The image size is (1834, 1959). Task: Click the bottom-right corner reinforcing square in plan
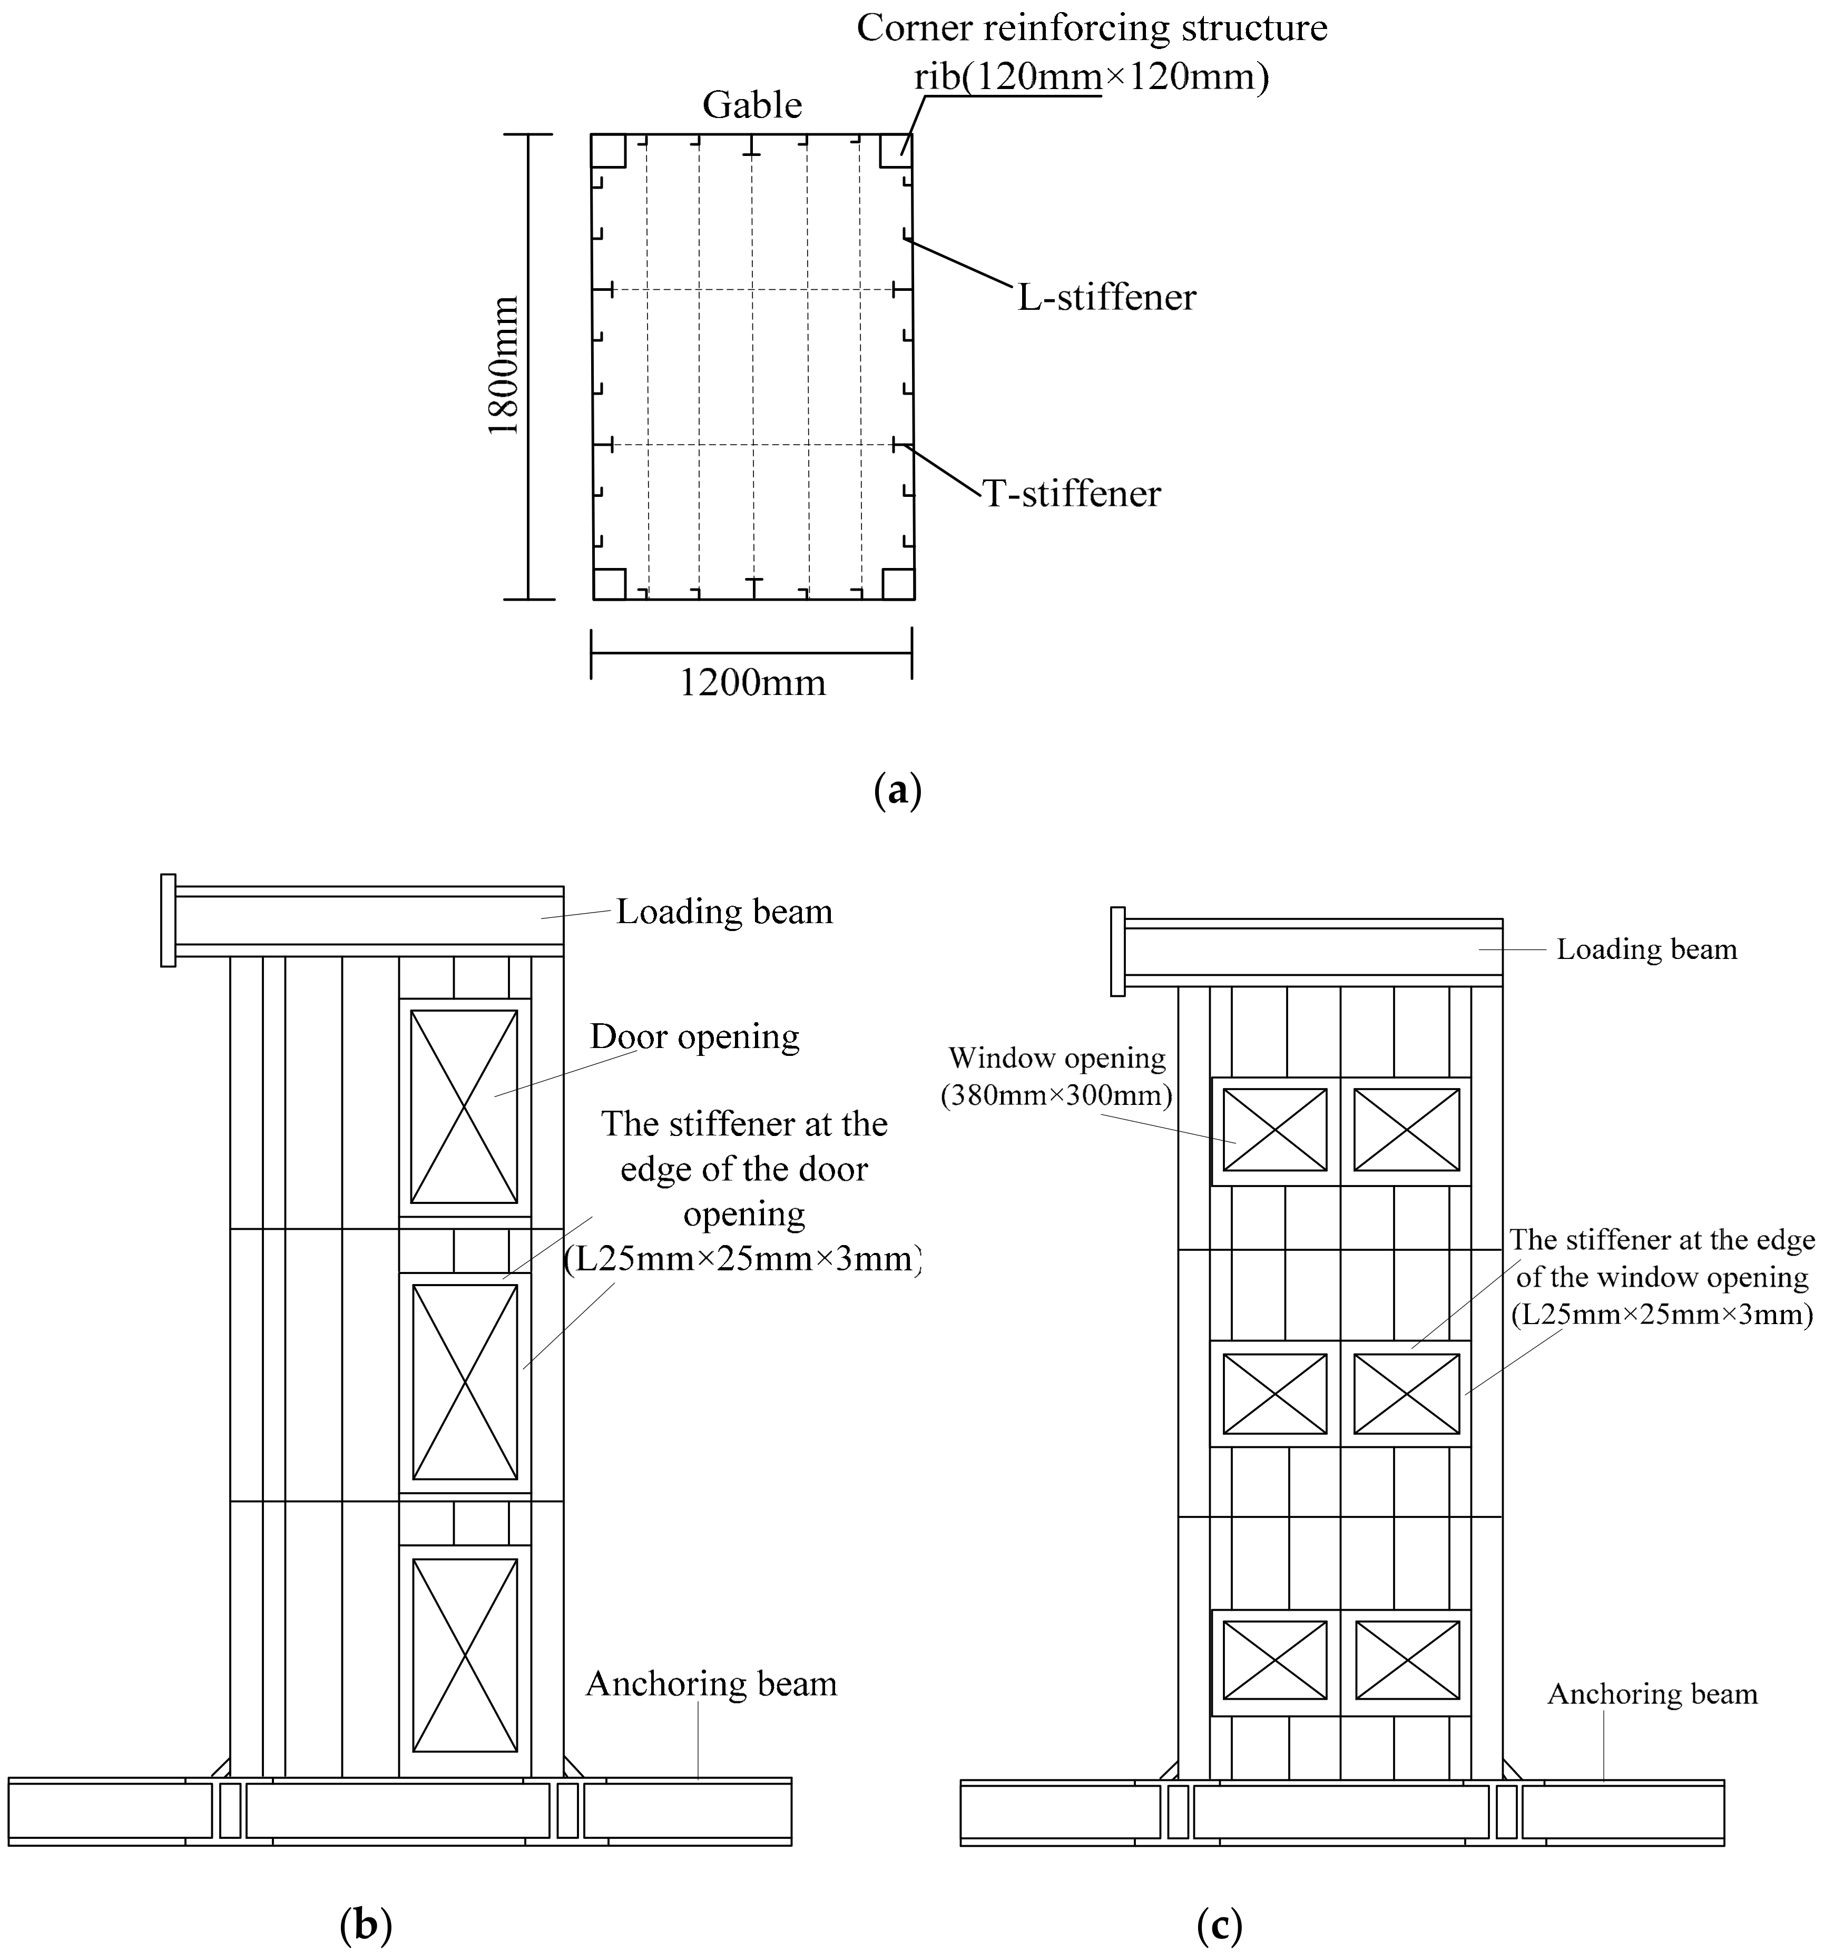tap(898, 583)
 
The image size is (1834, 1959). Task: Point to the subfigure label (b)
tap(366, 1924)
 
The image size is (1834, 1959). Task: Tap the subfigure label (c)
tap(1219, 1924)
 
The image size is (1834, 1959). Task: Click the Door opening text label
tap(695, 1036)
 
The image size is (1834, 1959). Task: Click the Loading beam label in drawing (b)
tap(724, 912)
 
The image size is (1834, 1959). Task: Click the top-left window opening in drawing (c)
tap(1274, 1129)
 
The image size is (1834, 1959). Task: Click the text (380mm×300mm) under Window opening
tap(1056, 1095)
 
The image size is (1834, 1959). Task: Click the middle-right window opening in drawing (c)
tap(1406, 1393)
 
